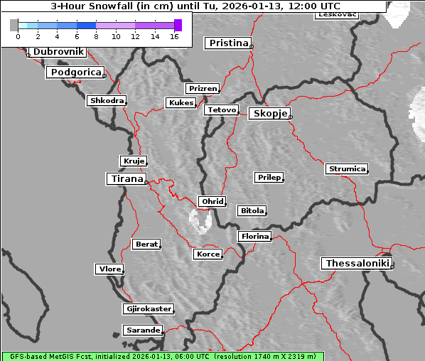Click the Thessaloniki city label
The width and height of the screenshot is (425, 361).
click(x=357, y=264)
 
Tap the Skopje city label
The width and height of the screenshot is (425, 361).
click(x=269, y=114)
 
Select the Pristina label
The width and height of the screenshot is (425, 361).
click(x=229, y=43)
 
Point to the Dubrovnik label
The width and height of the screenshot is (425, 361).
click(x=58, y=52)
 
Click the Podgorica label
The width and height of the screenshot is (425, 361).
click(x=75, y=72)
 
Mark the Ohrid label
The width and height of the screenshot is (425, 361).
click(x=212, y=202)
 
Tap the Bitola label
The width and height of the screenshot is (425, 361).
click(x=252, y=211)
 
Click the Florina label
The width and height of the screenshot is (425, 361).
click(x=254, y=236)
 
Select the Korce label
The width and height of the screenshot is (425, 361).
click(x=208, y=254)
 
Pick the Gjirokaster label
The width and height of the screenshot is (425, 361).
click(x=148, y=309)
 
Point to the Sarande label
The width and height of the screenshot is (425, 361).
click(x=142, y=330)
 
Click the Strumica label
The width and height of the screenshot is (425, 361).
click(x=346, y=169)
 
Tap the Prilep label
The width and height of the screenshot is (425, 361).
click(x=269, y=177)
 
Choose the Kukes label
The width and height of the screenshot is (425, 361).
click(x=181, y=103)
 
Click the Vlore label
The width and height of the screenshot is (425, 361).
click(x=109, y=269)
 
